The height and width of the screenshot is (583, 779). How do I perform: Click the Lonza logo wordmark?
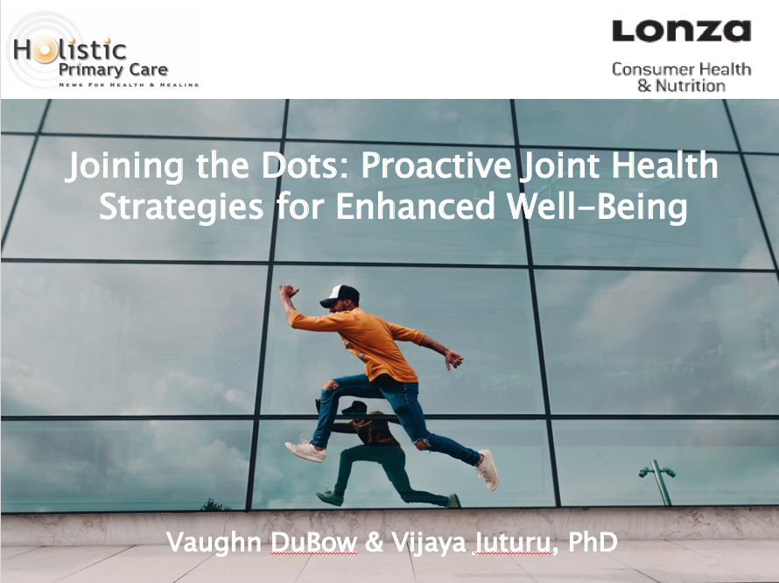pyautogui.click(x=681, y=31)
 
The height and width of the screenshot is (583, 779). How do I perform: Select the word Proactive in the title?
pyautogui.click(x=436, y=165)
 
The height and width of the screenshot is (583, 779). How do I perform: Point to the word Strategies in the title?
pyautogui.click(x=181, y=207)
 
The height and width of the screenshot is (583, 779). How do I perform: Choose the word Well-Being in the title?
pyautogui.click(x=597, y=207)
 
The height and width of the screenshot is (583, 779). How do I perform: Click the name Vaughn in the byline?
pyautogui.click(x=214, y=543)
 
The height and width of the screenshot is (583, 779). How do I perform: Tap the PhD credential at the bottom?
pyautogui.click(x=593, y=541)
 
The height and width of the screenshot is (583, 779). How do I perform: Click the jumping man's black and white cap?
pyautogui.click(x=340, y=296)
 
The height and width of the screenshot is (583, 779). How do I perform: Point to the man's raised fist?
pyautogui.click(x=288, y=291)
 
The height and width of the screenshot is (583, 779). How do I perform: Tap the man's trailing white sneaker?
pyautogui.click(x=305, y=450)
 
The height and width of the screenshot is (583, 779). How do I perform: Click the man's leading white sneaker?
pyautogui.click(x=488, y=470)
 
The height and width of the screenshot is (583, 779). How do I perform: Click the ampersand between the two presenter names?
pyautogui.click(x=374, y=542)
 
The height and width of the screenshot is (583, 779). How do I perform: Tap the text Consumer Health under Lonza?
pyautogui.click(x=681, y=69)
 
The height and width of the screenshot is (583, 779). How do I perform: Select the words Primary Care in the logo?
pyautogui.click(x=113, y=69)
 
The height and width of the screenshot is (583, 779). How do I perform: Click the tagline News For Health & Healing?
pyautogui.click(x=130, y=85)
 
